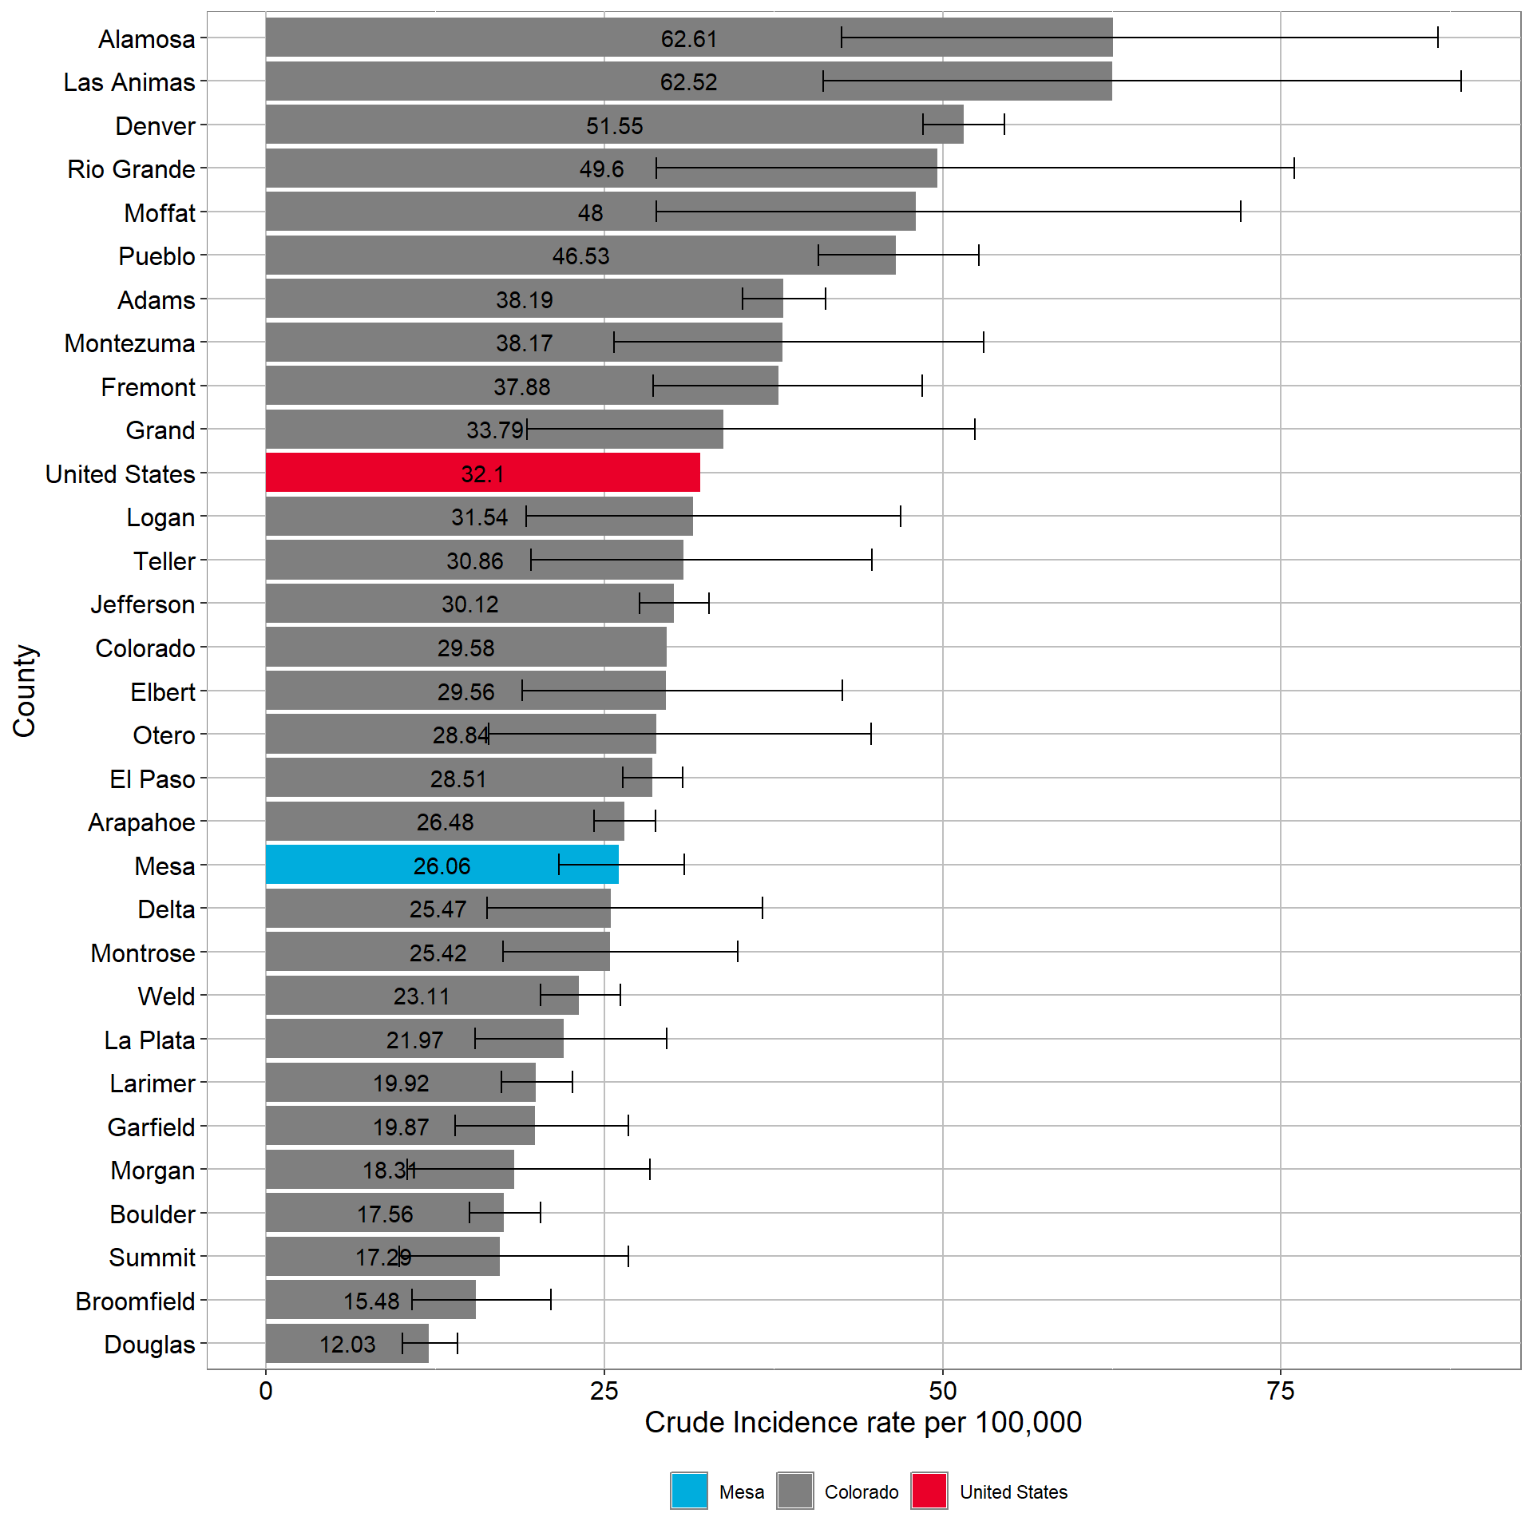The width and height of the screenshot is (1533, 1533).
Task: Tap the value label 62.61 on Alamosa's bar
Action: [688, 38]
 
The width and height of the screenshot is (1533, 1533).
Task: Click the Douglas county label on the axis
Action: [149, 1345]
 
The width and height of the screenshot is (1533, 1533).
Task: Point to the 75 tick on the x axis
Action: [1280, 1391]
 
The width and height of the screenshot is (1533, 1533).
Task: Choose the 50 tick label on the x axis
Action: [942, 1391]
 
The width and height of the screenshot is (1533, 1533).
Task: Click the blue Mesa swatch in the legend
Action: [688, 1491]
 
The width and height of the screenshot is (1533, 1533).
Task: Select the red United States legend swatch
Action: [929, 1491]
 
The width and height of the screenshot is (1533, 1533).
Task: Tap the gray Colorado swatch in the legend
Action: [794, 1491]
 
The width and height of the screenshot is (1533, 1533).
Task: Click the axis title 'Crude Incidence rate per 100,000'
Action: [862, 1423]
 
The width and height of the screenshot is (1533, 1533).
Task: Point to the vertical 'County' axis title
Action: [24, 691]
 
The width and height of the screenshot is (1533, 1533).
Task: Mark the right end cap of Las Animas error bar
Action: [1460, 81]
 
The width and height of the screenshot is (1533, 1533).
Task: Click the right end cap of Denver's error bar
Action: [1004, 125]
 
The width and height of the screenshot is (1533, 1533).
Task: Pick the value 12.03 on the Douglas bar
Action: [347, 1345]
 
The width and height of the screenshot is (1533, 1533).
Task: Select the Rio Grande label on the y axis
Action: [131, 169]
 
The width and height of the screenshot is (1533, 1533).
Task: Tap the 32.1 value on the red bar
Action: [482, 473]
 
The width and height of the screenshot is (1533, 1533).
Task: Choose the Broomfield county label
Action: [135, 1301]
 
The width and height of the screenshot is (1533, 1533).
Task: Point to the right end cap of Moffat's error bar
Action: [1240, 212]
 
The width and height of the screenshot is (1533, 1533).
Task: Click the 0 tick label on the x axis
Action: [266, 1391]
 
